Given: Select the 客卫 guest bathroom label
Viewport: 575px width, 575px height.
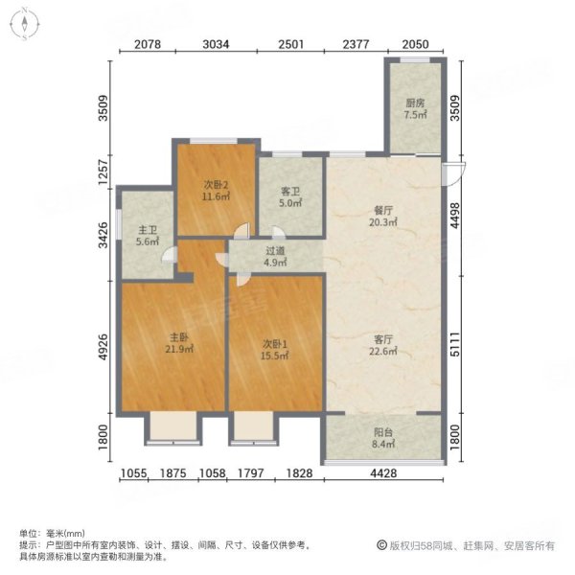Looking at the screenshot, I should [290, 190].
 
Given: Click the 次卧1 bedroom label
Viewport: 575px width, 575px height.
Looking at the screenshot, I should [275, 338].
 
